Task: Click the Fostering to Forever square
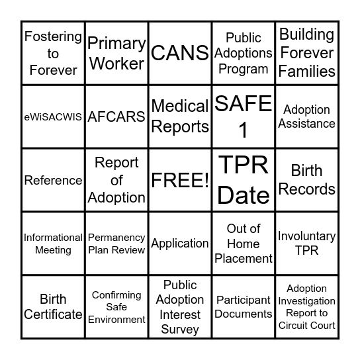point(53,53)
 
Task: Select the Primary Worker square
point(116,53)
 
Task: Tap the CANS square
point(180,53)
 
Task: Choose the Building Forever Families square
point(307,53)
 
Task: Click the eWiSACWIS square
point(53,116)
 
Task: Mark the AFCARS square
point(116,116)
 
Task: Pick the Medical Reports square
point(180,116)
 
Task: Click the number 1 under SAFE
point(244,130)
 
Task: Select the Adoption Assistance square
point(307,116)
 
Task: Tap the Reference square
point(53,180)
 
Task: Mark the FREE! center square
point(180,180)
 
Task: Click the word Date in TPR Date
point(244,195)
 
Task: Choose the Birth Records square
point(307,180)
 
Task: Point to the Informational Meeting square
point(53,244)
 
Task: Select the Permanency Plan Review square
point(116,244)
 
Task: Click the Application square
point(180,244)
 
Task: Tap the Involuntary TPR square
point(307,244)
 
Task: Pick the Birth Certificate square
point(53,307)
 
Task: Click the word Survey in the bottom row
point(180,329)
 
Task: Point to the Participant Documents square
point(244,307)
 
